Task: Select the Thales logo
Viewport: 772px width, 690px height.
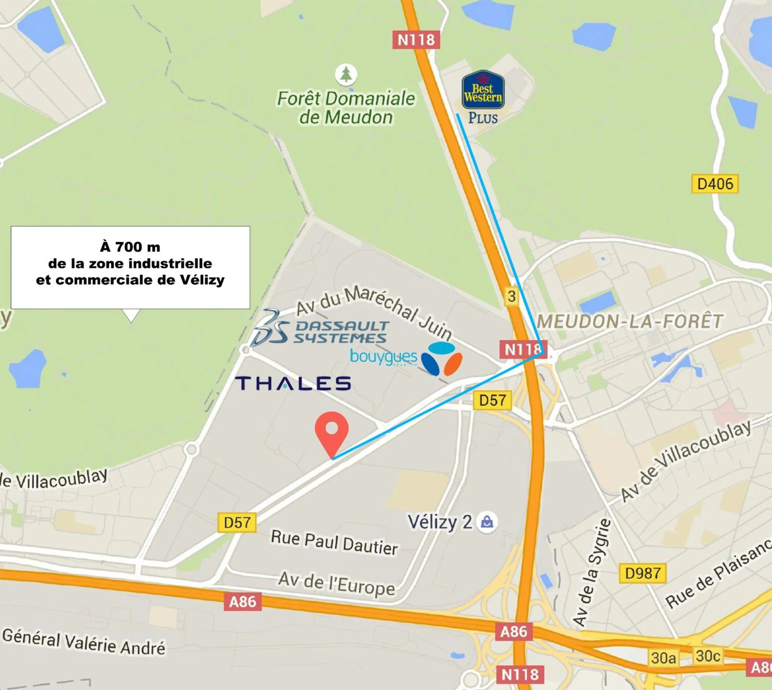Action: pyautogui.click(x=293, y=383)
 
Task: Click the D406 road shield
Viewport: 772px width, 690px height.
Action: pyautogui.click(x=715, y=184)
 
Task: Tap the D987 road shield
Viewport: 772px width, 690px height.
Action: pyautogui.click(x=643, y=573)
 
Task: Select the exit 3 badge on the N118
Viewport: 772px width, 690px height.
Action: pyautogui.click(x=512, y=296)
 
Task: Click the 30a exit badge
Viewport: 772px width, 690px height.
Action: pyautogui.click(x=663, y=658)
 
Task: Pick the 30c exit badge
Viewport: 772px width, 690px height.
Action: pyautogui.click(x=708, y=656)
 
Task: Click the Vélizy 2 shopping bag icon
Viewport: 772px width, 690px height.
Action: pyautogui.click(x=487, y=523)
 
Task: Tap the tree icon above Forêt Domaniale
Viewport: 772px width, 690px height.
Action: pyautogui.click(x=346, y=74)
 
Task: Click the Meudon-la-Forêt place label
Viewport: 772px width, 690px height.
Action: pyautogui.click(x=630, y=322)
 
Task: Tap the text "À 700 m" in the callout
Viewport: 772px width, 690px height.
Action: pyautogui.click(x=130, y=247)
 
